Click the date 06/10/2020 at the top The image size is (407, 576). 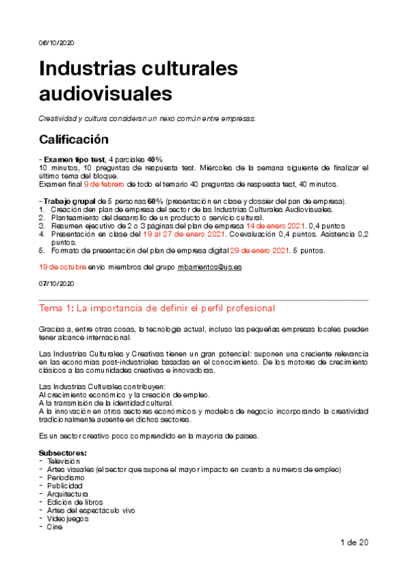pos(56,42)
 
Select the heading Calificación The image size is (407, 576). pos(73,140)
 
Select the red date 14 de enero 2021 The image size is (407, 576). pos(273,226)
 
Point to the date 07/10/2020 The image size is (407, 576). pos(56,283)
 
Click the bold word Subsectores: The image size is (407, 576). pos(63,453)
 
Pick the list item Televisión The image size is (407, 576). pos(64,461)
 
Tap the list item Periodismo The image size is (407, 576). pos(66,478)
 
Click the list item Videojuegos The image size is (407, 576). pos(67,518)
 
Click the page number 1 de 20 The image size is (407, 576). pos(354,542)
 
